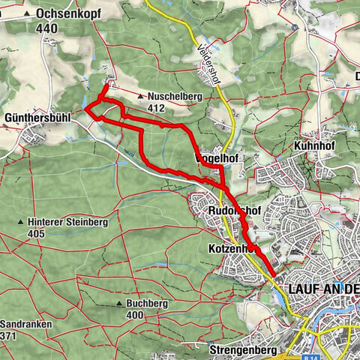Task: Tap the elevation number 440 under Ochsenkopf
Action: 46,28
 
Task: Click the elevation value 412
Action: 156,108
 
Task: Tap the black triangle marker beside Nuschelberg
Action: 142,97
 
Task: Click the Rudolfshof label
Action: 234,212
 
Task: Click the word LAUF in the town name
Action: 304,288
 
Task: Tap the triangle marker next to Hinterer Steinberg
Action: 21,223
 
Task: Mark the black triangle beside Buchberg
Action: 119,304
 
